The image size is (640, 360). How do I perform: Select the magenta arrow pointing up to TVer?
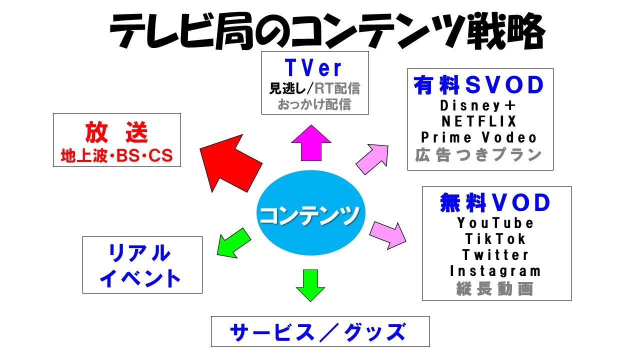[311, 143]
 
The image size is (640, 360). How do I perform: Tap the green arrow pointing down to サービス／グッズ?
[310, 285]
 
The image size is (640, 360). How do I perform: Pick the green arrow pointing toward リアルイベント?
[233, 243]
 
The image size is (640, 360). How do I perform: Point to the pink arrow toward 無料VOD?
[387, 235]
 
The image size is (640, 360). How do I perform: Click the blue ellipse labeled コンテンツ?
[311, 213]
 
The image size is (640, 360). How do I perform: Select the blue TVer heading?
[313, 68]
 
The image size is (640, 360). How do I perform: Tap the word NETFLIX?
[479, 121]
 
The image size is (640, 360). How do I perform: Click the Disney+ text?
[478, 105]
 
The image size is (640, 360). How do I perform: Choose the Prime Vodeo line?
[479, 137]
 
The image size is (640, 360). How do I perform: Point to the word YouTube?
[495, 223]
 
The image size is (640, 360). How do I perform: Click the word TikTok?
[495, 239]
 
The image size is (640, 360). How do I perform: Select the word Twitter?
[495, 255]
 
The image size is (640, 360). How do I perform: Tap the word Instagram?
[495, 271]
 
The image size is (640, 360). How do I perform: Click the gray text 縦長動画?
[495, 288]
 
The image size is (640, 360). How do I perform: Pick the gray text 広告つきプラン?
[478, 155]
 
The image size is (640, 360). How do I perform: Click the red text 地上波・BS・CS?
[117, 155]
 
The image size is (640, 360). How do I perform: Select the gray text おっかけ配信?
[314, 104]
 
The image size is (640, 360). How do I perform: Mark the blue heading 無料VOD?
[495, 202]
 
